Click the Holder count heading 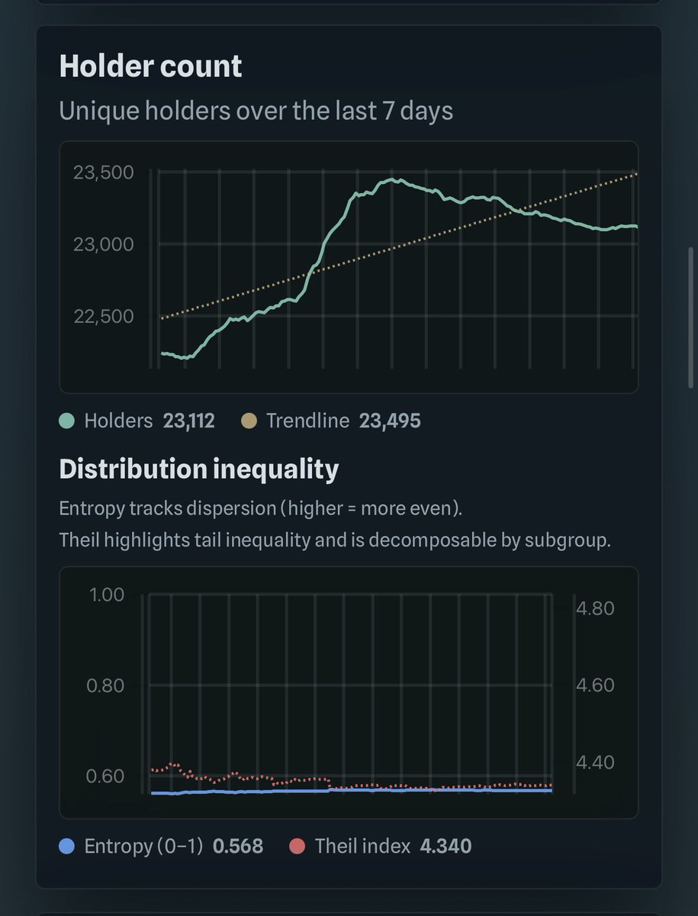pyautogui.click(x=150, y=66)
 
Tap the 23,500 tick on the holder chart pyautogui.click(x=103, y=173)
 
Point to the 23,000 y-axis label pyautogui.click(x=103, y=244)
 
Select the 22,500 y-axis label pyautogui.click(x=103, y=316)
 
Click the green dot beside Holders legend pyautogui.click(x=67, y=421)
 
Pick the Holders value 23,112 pyautogui.click(x=188, y=421)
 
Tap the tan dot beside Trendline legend pyautogui.click(x=249, y=421)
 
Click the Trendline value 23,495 pyautogui.click(x=389, y=421)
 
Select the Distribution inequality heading pyautogui.click(x=198, y=469)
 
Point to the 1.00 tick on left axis pyautogui.click(x=107, y=595)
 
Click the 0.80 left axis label pyautogui.click(x=105, y=685)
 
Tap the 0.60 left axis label pyautogui.click(x=105, y=776)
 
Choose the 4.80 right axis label pyautogui.click(x=594, y=608)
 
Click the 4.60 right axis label pyautogui.click(x=594, y=685)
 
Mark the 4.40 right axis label pyautogui.click(x=594, y=762)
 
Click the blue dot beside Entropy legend pyautogui.click(x=67, y=846)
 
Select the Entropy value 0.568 pyautogui.click(x=237, y=846)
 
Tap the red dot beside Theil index pyautogui.click(x=298, y=846)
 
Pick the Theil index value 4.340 pyautogui.click(x=445, y=846)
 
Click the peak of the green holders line pyautogui.click(x=392, y=180)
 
